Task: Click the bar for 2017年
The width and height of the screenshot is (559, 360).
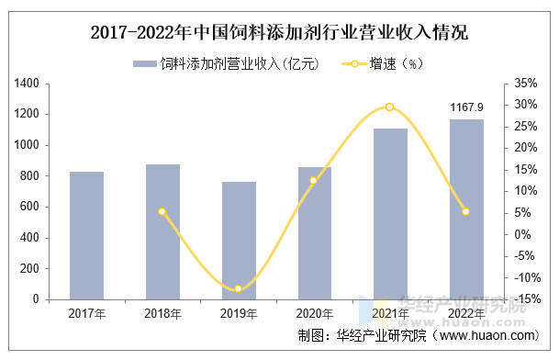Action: [86, 235]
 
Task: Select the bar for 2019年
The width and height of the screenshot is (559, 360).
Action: [239, 241]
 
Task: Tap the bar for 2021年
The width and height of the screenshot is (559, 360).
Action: [390, 213]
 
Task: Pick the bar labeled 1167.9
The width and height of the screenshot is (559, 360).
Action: [466, 209]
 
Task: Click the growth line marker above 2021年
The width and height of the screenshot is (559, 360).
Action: [390, 107]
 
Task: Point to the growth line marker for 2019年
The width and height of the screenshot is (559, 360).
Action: [239, 289]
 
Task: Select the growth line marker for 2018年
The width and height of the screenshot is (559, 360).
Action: [162, 212]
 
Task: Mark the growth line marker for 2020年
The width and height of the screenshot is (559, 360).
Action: [314, 181]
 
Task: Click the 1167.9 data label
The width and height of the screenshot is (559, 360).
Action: [466, 108]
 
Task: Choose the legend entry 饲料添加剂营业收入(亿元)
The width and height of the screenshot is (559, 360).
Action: [225, 63]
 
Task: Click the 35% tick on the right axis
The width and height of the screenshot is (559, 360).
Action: [526, 84]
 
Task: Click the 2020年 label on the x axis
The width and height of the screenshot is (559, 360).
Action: [314, 314]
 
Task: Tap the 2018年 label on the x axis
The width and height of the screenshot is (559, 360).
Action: [162, 314]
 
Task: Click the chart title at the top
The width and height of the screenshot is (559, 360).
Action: [279, 34]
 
